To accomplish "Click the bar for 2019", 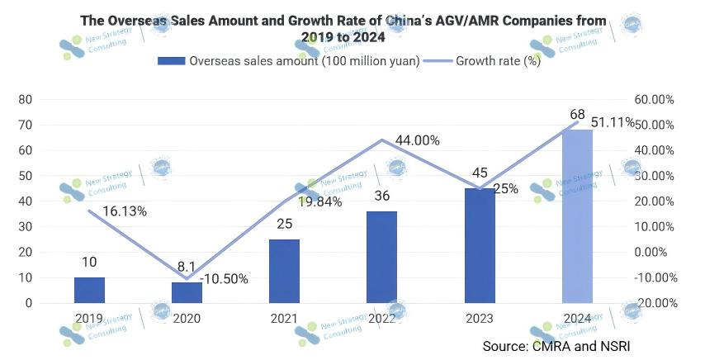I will [89, 290].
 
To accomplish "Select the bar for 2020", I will [187, 292].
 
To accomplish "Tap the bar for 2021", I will [284, 271].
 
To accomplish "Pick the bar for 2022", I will [381, 257].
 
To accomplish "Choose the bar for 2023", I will [480, 245].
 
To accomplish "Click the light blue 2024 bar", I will [577, 216].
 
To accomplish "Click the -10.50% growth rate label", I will [225, 279].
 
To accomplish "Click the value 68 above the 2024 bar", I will [577, 114].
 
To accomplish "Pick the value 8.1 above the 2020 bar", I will [187, 267].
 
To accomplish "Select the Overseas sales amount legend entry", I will [291, 61].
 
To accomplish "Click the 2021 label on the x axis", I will [284, 317].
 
